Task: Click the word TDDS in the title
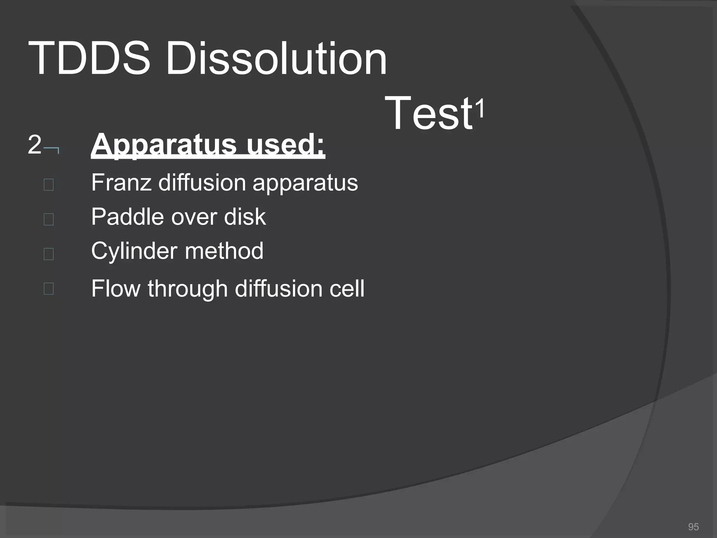pyautogui.click(x=89, y=58)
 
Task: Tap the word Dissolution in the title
pyautogui.click(x=276, y=58)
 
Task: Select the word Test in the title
pyautogui.click(x=429, y=113)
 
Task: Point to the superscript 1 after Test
pyautogui.click(x=480, y=109)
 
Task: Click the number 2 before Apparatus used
pyautogui.click(x=34, y=144)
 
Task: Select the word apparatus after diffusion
pyautogui.click(x=305, y=183)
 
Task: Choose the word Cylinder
pyautogui.click(x=134, y=251)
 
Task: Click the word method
pyautogui.click(x=224, y=251)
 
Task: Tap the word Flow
pyautogui.click(x=116, y=289)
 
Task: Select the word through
pyautogui.click(x=188, y=289)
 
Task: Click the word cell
pyautogui.click(x=347, y=289)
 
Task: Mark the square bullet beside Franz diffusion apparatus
pyautogui.click(x=49, y=185)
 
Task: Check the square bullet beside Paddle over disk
pyautogui.click(x=49, y=219)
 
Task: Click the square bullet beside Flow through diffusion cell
pyautogui.click(x=49, y=289)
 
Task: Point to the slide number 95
pyautogui.click(x=693, y=527)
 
